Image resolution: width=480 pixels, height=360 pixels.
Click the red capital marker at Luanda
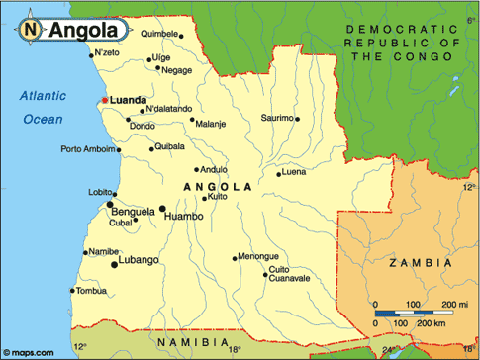coord(103,100)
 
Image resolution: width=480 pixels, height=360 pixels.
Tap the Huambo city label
coord(183,216)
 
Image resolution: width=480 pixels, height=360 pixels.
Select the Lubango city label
coord(139,260)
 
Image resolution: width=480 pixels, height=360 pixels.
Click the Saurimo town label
coord(276,118)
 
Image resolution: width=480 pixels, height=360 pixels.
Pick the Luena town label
coord(294,172)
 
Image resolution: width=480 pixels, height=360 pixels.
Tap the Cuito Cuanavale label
coord(291,273)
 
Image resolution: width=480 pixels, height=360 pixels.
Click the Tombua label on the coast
coord(90,291)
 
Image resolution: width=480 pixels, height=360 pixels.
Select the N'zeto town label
coord(106,52)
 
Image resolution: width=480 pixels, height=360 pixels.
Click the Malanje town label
coord(211,125)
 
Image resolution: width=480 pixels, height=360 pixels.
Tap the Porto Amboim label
coord(86,150)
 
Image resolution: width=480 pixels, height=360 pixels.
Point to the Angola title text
coord(81,31)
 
